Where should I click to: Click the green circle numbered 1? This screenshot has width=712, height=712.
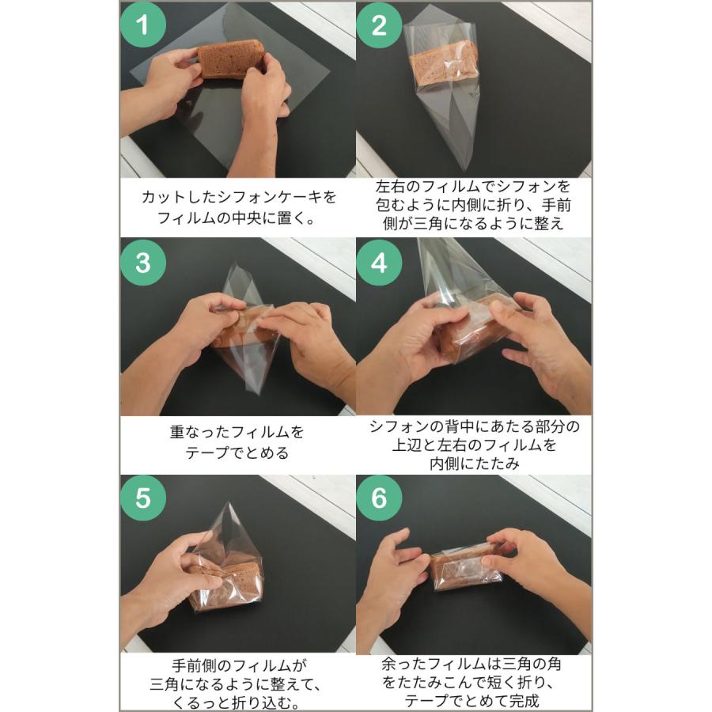[x=143, y=26]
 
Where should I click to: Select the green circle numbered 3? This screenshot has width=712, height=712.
[x=143, y=263]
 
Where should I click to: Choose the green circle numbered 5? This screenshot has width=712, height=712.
[x=143, y=499]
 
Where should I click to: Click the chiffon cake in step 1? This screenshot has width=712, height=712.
[x=230, y=59]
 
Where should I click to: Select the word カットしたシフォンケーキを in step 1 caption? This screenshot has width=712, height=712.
[x=238, y=195]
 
